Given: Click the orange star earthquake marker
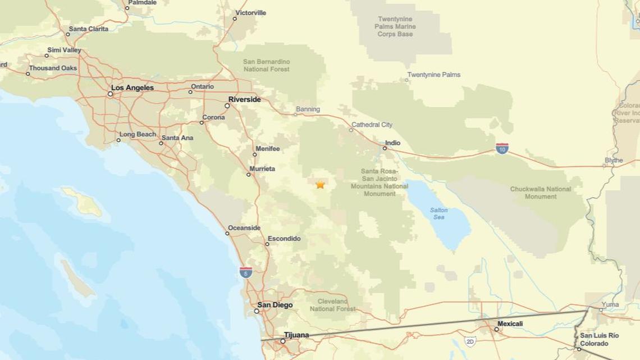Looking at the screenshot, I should tap(320, 184).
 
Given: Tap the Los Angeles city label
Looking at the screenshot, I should tap(132, 88).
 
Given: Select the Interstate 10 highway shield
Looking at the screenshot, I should tap(502, 148).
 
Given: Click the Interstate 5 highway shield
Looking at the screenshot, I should tap(245, 272).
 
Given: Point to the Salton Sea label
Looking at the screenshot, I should tap(438, 213).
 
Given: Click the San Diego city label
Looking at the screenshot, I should tap(275, 305).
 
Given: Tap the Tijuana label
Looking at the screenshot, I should tap(296, 335).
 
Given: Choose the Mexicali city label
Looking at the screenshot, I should tap(510, 323).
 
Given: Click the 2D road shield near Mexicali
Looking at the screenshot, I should tap(470, 341).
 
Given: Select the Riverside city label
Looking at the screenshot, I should tap(244, 99).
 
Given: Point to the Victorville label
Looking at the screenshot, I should tap(251, 12).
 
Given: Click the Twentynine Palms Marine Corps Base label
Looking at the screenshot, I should tap(396, 26).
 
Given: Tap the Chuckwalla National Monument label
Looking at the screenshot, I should tap(541, 193).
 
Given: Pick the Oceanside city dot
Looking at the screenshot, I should tap(227, 233).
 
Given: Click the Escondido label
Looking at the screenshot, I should tap(284, 239).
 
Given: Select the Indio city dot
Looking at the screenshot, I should tap(385, 148).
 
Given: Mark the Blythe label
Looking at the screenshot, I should tap(614, 160).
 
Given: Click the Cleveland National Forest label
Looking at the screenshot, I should tap(332, 305).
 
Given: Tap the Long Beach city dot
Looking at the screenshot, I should tap(118, 140).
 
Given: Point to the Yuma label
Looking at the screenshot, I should tap(610, 304).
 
